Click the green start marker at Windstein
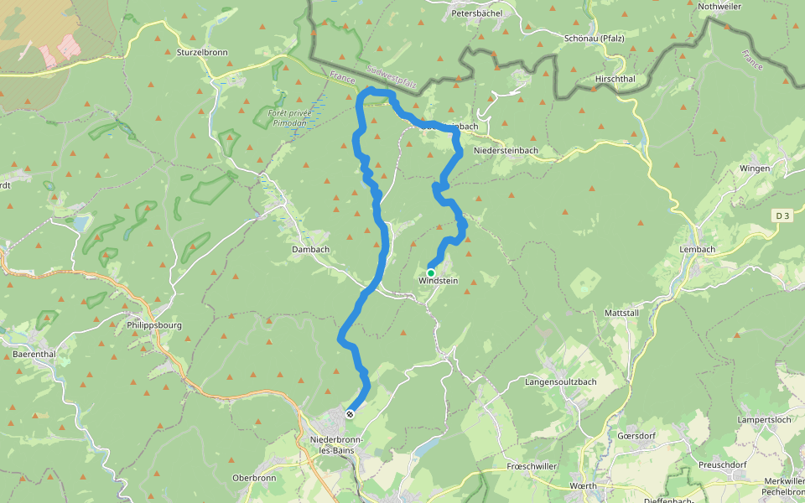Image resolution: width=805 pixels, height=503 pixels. [431, 272]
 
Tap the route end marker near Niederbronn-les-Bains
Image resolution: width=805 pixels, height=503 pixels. [350, 413]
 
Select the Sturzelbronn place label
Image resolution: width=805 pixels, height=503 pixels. [203, 52]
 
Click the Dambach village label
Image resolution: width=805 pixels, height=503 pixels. [310, 249]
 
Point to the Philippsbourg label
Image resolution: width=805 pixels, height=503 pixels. [153, 324]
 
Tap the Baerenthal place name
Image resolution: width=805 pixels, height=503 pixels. [34, 354]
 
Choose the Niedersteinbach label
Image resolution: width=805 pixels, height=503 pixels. [506, 150]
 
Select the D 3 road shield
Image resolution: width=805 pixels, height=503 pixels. [782, 216]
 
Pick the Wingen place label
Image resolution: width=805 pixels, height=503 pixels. [754, 169]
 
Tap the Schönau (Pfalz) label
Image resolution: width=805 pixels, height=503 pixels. [593, 39]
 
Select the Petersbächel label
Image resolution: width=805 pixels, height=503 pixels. [476, 13]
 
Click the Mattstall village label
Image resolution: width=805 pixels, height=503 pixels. [621, 312]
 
